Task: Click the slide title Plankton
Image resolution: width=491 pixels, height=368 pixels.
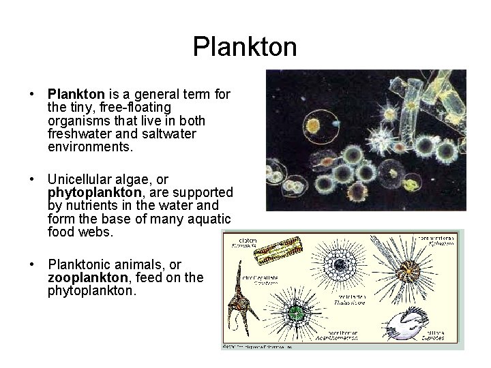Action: click(x=245, y=47)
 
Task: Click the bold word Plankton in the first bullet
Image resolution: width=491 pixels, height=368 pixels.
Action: click(x=76, y=95)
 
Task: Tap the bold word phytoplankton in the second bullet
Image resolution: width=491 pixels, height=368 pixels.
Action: click(x=91, y=193)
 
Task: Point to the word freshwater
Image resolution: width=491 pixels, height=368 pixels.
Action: click(x=80, y=134)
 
